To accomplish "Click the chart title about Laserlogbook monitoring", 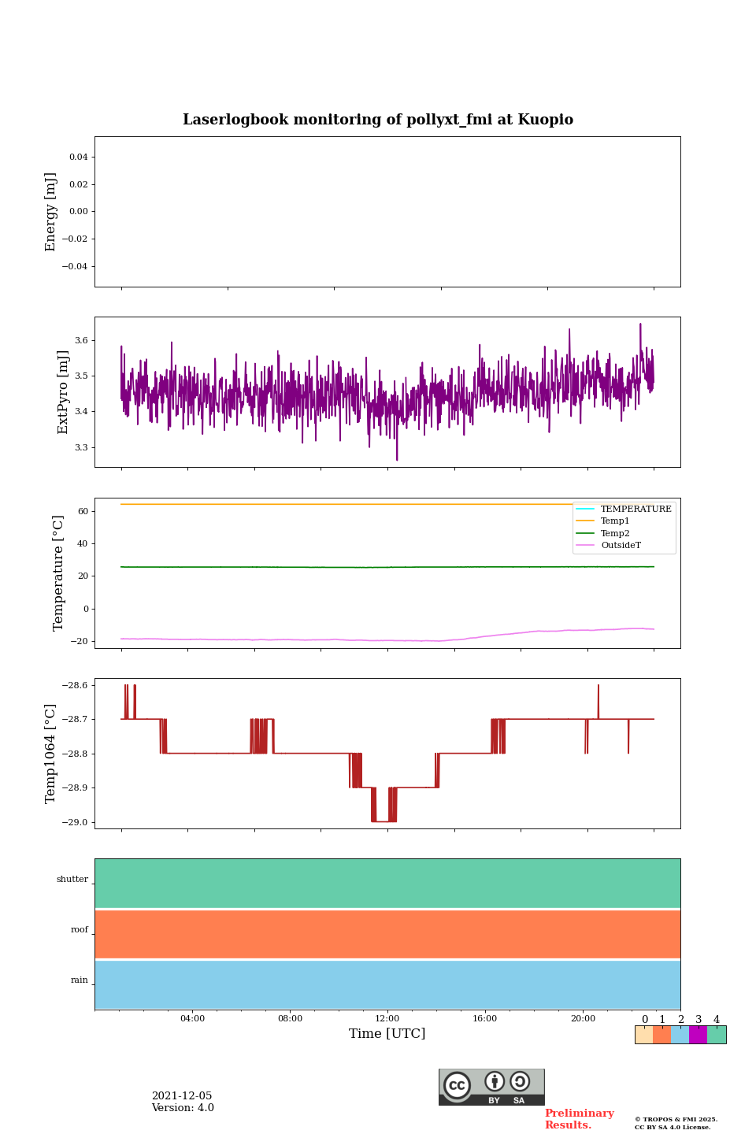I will click(x=378, y=120).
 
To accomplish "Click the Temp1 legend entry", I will click(x=615, y=521).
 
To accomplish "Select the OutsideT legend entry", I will click(x=621, y=546).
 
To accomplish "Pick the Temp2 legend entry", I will click(x=615, y=533).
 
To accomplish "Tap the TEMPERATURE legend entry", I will click(x=636, y=509).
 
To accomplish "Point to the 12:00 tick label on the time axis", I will click(x=387, y=1019).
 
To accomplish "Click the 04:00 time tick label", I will click(x=192, y=1019).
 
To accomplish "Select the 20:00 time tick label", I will click(x=583, y=1019).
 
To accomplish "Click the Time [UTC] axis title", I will click(x=387, y=1033).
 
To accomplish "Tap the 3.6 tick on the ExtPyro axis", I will click(x=81, y=341).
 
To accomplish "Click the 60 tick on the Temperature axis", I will click(x=83, y=511).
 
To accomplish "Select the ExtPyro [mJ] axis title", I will click(x=63, y=392).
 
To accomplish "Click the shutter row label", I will click(x=72, y=880).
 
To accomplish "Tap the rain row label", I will click(x=80, y=980).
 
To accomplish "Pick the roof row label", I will click(x=80, y=930).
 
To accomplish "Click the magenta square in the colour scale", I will click(x=698, y=1035).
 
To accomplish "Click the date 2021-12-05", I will click(x=182, y=1096).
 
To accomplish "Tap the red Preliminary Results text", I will click(x=579, y=1119).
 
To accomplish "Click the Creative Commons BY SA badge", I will click(x=491, y=1087).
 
